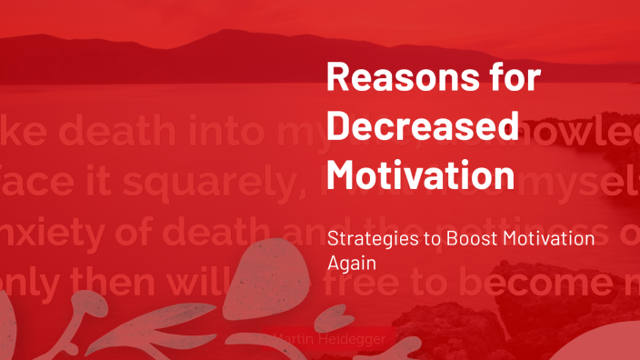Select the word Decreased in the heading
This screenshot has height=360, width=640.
coord(423,125)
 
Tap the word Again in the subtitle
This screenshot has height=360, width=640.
coord(349,261)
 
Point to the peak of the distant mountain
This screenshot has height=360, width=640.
coord(223,33)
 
